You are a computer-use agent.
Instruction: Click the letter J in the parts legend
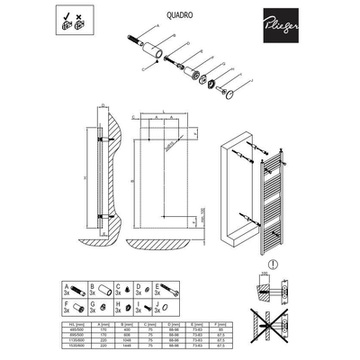point(157,303)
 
